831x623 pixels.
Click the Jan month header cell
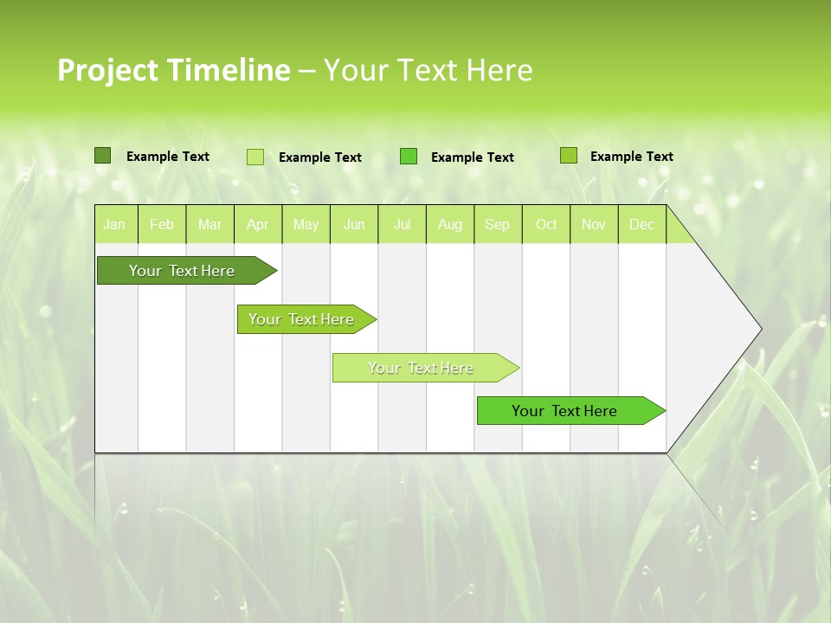pos(115,224)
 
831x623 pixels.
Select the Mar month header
pos(209,224)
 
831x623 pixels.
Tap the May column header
pos(306,224)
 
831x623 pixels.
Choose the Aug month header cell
pos(449,224)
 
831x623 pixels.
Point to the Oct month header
pos(546,224)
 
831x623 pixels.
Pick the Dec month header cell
pos(641,224)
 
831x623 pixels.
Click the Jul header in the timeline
pos(402,224)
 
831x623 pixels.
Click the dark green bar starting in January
pos(182,271)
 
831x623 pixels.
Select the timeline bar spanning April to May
pos(301,319)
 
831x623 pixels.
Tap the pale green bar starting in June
pos(421,368)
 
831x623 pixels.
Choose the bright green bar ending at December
pos(564,411)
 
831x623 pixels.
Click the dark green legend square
pos(102,156)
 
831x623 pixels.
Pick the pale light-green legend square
pos(255,157)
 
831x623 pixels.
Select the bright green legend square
pos(409,157)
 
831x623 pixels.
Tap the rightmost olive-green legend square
pos(568,156)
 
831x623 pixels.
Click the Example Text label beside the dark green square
pos(168,157)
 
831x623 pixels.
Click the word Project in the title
pos(107,71)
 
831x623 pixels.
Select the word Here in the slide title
pos(499,70)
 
